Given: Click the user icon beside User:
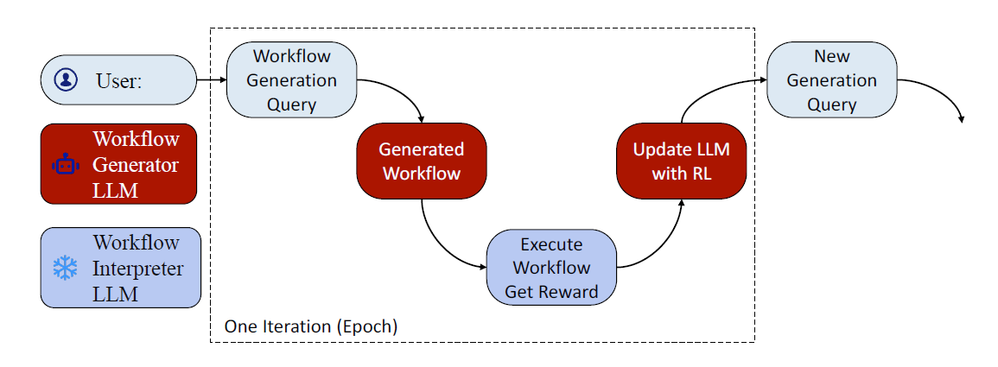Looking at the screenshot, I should coord(66,79).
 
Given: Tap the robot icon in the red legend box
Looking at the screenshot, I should coord(66,164).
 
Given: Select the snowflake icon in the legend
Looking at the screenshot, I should coord(66,268).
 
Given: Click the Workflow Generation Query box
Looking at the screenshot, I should coord(292,80).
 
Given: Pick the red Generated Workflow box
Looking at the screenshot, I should coord(422,161).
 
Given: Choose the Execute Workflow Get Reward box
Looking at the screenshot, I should coord(551,268).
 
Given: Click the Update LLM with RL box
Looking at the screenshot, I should coord(681,161).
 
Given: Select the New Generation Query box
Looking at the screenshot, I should coord(831,80).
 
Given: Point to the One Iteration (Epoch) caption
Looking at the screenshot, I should coord(310,326).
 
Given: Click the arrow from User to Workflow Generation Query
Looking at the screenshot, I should coord(211,80).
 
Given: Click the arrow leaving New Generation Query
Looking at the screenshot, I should coord(942,91).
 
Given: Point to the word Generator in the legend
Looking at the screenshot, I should coord(136,164).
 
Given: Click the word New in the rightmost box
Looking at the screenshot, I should coord(831,57).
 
